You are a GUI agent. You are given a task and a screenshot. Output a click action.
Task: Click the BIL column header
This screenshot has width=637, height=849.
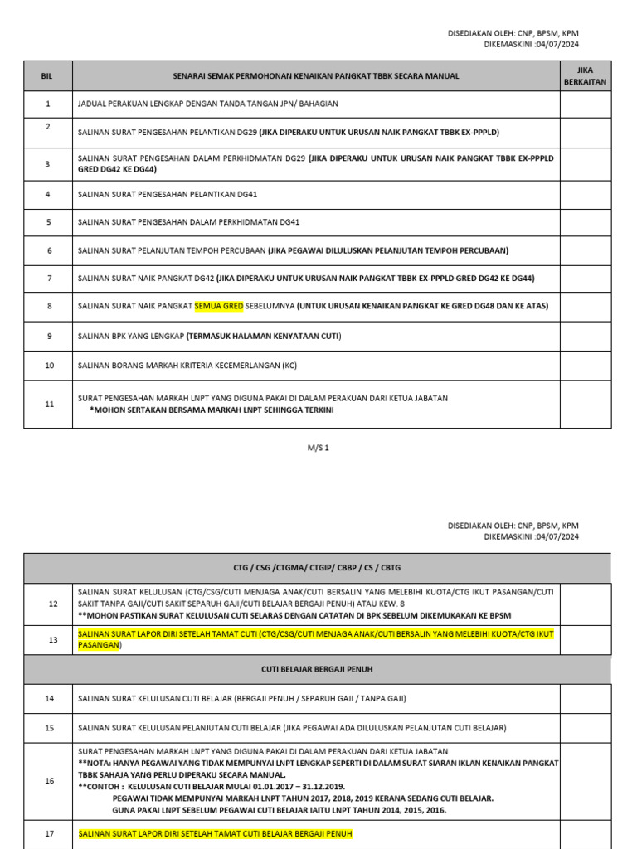pyautogui.click(x=47, y=75)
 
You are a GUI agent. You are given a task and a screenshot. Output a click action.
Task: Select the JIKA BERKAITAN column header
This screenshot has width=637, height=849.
pyautogui.click(x=585, y=75)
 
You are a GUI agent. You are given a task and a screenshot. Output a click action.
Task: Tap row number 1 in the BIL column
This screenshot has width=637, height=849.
pyautogui.click(x=47, y=104)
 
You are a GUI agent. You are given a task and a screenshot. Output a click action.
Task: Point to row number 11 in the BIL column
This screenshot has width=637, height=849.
pyautogui.click(x=49, y=404)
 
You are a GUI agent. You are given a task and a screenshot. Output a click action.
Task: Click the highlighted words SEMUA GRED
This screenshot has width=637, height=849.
pyautogui.click(x=219, y=306)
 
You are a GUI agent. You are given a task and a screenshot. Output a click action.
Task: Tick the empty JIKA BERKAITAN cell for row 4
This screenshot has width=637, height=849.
pyautogui.click(x=585, y=194)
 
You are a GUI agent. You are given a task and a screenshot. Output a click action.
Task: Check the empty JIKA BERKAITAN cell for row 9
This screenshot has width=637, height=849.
pyautogui.click(x=585, y=336)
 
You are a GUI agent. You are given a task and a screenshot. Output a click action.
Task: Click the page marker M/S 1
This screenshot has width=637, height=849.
pyautogui.click(x=318, y=448)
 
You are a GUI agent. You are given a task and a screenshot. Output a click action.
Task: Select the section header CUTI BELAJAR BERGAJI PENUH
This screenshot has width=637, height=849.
pyautogui.click(x=318, y=669)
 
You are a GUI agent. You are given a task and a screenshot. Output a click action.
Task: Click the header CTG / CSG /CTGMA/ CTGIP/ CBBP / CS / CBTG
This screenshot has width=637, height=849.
pyautogui.click(x=318, y=568)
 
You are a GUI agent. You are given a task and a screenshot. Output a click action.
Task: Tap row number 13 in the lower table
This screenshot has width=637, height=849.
pyautogui.click(x=52, y=639)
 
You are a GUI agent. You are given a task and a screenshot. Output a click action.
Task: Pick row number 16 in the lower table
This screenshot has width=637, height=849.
pyautogui.click(x=49, y=781)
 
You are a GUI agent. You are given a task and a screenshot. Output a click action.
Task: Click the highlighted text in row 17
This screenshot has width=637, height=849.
pyautogui.click(x=215, y=833)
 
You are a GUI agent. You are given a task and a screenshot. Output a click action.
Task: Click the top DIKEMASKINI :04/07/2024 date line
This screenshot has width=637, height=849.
pyautogui.click(x=531, y=44)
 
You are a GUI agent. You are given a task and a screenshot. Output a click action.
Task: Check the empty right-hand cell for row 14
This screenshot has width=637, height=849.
pyautogui.click(x=585, y=699)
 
